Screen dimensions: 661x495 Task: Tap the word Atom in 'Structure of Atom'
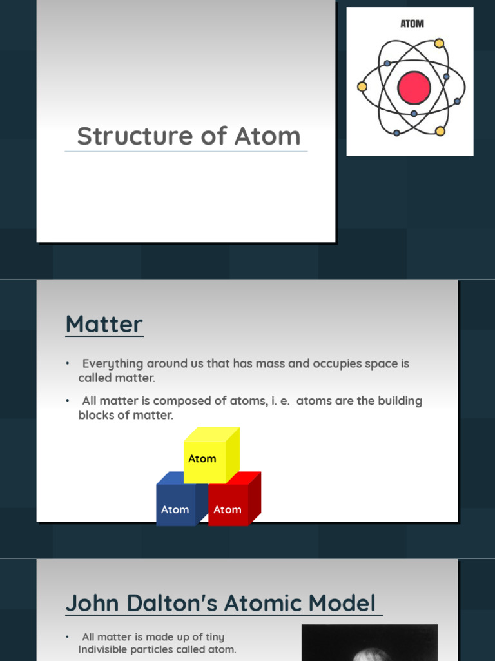267,136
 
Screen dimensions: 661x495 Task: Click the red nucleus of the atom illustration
414,88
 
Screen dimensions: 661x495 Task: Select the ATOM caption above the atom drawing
412,24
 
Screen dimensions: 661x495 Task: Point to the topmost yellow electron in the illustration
439,43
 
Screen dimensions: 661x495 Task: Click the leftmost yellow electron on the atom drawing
362,86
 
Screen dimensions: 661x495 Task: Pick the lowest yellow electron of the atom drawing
440,131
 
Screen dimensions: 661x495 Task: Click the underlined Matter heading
104,324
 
